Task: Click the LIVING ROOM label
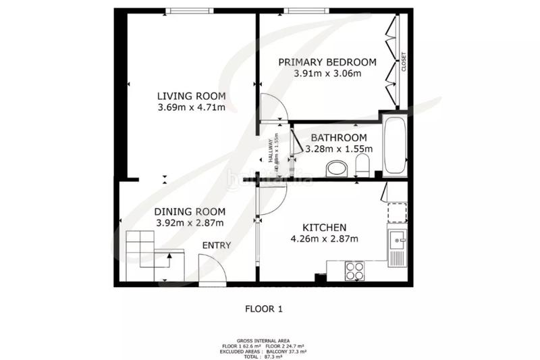(x=192, y=95)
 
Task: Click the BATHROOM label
(x=334, y=138)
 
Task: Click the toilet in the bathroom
(x=362, y=165)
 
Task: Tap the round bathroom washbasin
(x=335, y=168)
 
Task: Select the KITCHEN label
(x=325, y=227)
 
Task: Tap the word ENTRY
(x=217, y=245)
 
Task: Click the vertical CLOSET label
(x=404, y=62)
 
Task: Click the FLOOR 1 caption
(x=263, y=309)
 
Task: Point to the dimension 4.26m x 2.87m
(x=325, y=238)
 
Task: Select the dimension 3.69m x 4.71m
(x=192, y=107)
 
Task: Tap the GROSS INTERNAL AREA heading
(x=263, y=341)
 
